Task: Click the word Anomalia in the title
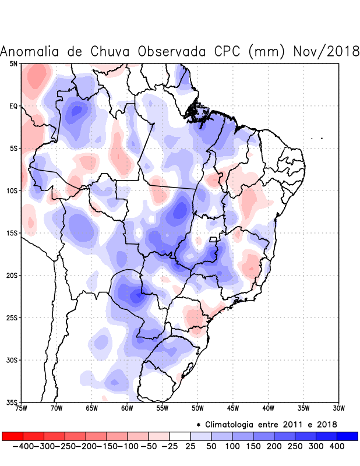pyautogui.click(x=34, y=51)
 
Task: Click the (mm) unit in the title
pyautogui.click(x=267, y=51)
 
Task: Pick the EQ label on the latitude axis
pyautogui.click(x=13, y=106)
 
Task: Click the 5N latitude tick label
pyautogui.click(x=13, y=63)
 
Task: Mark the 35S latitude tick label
pyautogui.click(x=12, y=402)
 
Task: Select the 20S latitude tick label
pyautogui.click(x=12, y=275)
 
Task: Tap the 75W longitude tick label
pyautogui.click(x=22, y=408)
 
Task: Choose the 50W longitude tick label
pyautogui.click(x=197, y=408)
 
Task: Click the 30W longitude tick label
pyautogui.click(x=338, y=408)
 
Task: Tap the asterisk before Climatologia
pyautogui.click(x=199, y=424)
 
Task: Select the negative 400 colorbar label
pyautogui.click(x=23, y=446)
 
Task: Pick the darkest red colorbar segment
pyautogui.click(x=12, y=436)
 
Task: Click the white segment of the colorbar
pyautogui.click(x=180, y=436)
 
